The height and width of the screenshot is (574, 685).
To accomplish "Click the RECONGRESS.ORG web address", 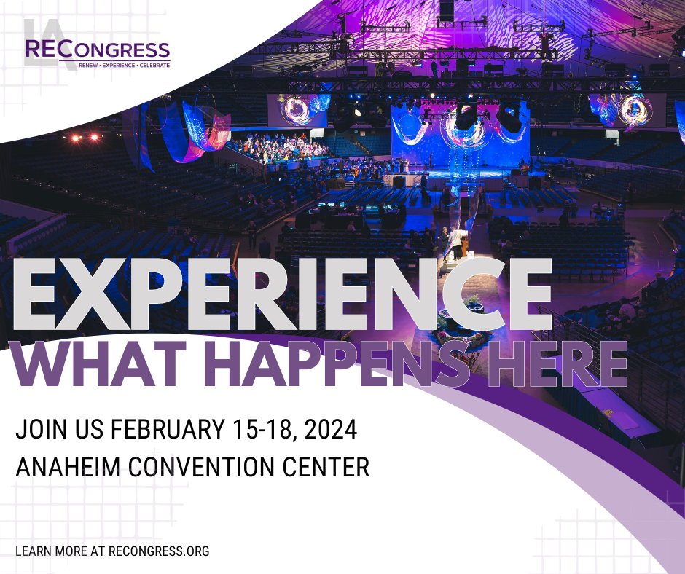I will tap(159, 551).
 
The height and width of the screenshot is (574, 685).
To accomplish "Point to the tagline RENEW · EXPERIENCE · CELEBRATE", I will tap(124, 66).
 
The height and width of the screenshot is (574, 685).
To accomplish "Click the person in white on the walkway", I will tap(456, 241).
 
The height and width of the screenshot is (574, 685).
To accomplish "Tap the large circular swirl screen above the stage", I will tap(466, 130).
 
